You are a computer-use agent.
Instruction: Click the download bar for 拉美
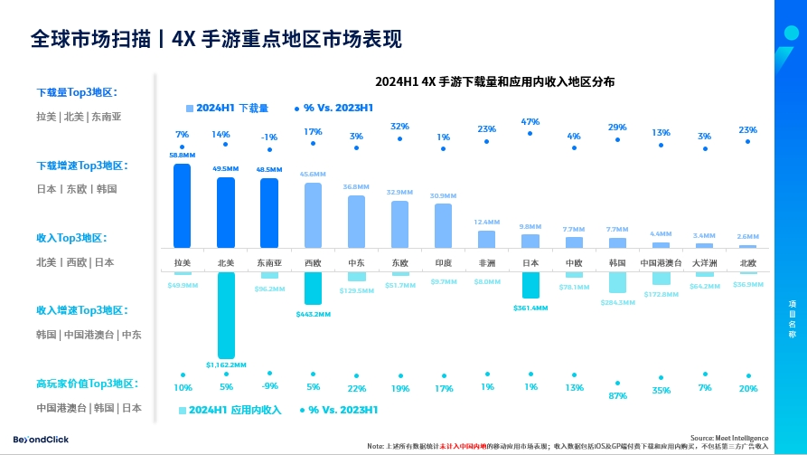[x=182, y=205]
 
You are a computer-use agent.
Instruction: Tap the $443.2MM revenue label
[x=313, y=314]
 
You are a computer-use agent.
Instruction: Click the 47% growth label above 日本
[x=530, y=121]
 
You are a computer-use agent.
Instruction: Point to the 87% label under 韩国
[x=617, y=395]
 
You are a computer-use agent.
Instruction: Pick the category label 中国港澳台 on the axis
[x=661, y=263]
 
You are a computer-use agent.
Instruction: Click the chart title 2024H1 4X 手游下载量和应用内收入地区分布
[x=495, y=81]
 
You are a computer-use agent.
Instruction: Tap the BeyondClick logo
[x=41, y=439]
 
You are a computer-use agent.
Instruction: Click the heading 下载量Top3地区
[x=77, y=92]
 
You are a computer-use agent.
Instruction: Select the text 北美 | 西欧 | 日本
[x=75, y=262]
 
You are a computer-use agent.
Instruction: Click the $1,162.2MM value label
[x=225, y=365]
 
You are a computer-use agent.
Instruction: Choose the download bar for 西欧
[x=313, y=215]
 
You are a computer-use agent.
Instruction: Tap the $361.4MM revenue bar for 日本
[x=530, y=285]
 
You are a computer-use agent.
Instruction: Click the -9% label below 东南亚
[x=269, y=387]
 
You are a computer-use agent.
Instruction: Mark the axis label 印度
[x=443, y=263]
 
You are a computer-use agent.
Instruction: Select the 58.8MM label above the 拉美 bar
[x=182, y=155]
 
